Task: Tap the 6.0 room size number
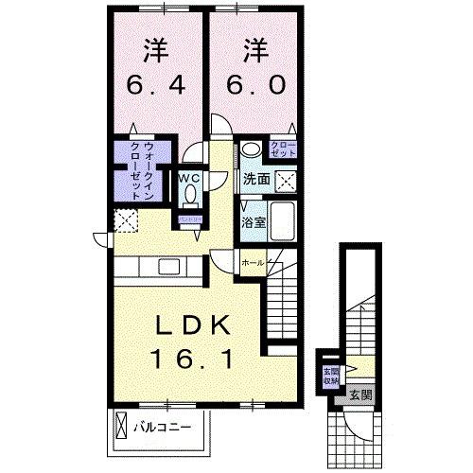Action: (x=254, y=83)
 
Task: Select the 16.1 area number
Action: (x=194, y=358)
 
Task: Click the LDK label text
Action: (x=194, y=324)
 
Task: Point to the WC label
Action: (x=188, y=178)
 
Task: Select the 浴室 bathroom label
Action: (x=252, y=222)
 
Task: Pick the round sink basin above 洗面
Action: (x=252, y=151)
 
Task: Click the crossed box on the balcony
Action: (x=124, y=427)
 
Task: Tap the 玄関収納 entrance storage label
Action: (x=330, y=376)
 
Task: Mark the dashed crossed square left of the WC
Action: (x=125, y=220)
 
